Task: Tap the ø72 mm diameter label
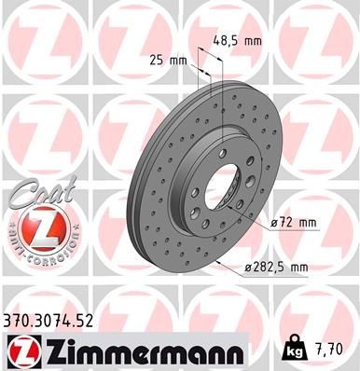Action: tap(292, 222)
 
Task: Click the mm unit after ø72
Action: tap(308, 222)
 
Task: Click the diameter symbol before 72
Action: tap(274, 222)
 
